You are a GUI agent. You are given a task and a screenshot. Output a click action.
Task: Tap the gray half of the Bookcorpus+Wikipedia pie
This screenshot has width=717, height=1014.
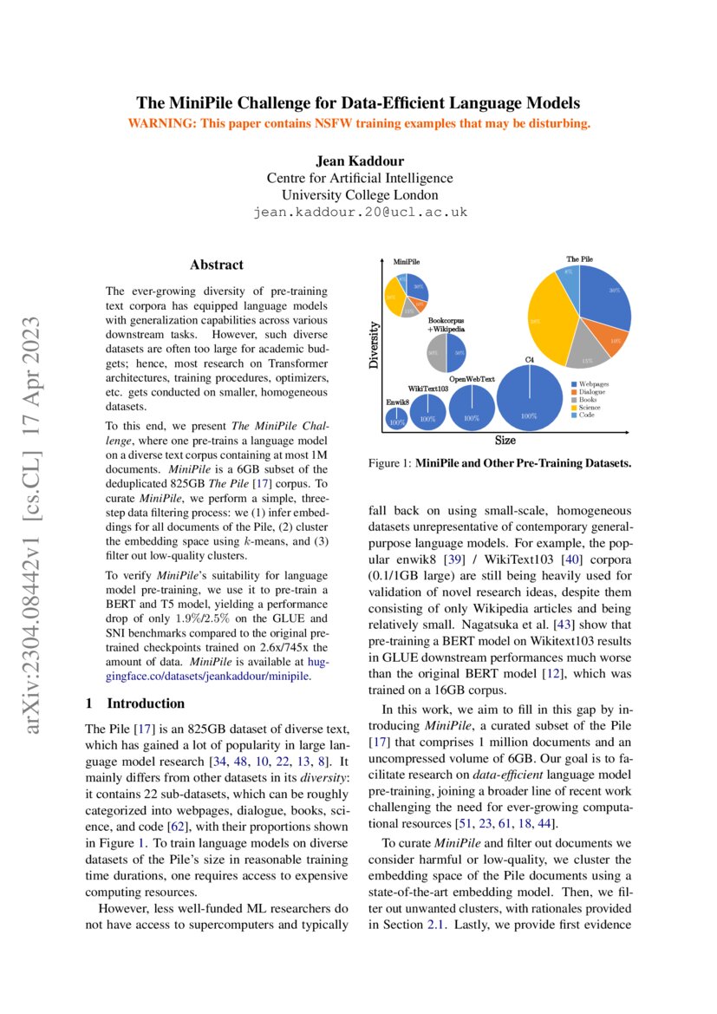(x=435, y=353)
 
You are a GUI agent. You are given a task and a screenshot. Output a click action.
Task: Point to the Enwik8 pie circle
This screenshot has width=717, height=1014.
(x=396, y=420)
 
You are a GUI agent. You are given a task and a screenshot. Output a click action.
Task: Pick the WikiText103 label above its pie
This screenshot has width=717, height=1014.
(x=428, y=389)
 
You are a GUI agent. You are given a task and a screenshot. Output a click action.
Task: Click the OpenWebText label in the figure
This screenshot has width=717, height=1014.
(x=472, y=379)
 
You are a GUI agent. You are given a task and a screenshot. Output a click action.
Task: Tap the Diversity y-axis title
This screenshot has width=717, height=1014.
(x=375, y=347)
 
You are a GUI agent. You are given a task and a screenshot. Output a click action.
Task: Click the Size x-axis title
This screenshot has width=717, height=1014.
(x=505, y=441)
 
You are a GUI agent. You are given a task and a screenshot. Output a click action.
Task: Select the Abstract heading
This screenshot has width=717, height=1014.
(x=217, y=265)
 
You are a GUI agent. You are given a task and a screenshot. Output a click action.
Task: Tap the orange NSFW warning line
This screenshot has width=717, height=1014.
(x=359, y=123)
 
